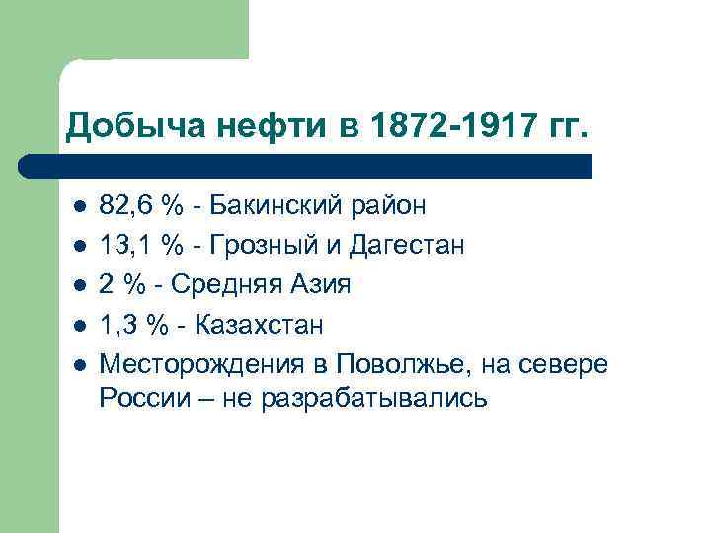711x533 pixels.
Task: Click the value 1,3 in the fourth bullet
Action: point(118,325)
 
